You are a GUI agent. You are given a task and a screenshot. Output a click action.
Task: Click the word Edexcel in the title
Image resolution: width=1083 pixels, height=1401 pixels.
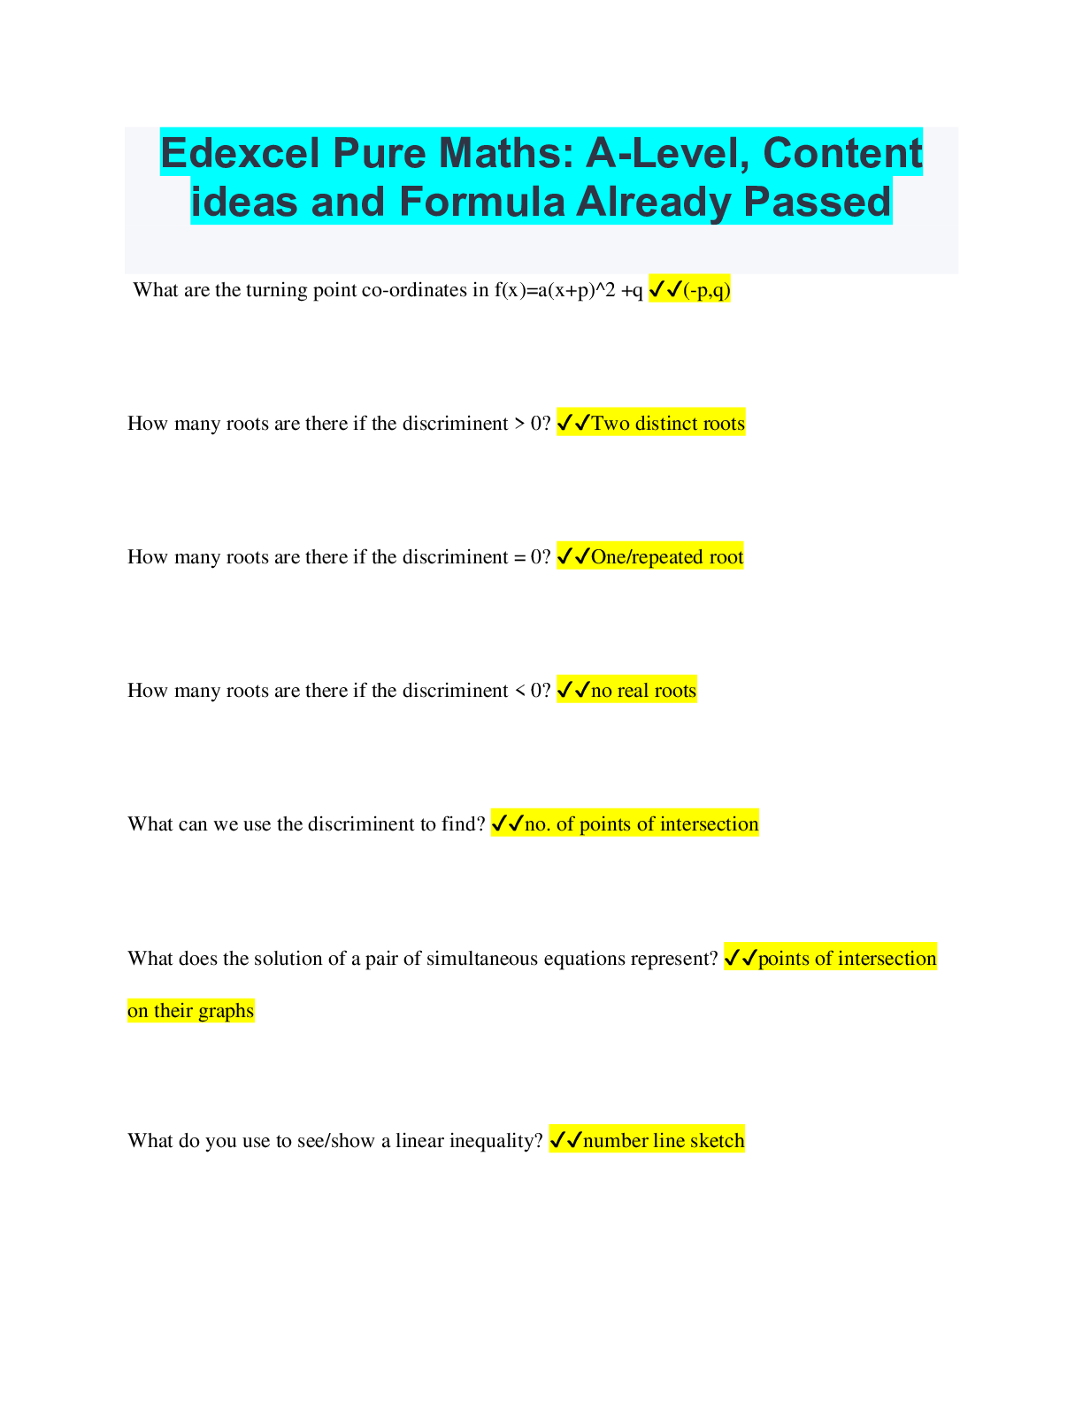240,153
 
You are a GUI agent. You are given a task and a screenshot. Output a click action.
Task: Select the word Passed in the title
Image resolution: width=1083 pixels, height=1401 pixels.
818,202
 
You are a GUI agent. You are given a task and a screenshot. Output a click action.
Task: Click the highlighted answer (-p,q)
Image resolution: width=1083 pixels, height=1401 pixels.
707,290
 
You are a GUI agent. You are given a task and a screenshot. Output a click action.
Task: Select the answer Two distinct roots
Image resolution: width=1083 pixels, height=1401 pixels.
668,424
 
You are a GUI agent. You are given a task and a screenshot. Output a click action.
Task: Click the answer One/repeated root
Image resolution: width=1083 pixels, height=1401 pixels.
667,557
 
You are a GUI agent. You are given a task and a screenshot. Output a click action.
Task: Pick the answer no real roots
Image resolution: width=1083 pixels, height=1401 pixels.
644,691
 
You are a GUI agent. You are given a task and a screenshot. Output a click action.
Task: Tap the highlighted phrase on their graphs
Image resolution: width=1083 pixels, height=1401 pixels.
191,1010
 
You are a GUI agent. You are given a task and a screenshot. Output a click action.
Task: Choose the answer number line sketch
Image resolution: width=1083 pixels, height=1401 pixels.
664,1141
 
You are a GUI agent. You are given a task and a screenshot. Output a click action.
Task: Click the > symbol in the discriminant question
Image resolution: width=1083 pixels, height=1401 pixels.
519,425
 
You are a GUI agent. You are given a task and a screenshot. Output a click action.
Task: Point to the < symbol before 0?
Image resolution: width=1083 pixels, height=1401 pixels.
519,691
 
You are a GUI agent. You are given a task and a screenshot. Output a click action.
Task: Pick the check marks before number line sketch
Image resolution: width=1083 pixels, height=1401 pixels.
565,1141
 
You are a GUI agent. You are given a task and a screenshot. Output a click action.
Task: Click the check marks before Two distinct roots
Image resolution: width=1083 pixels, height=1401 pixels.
573,423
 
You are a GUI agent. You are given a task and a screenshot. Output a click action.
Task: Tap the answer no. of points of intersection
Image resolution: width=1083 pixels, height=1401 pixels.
641,824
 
